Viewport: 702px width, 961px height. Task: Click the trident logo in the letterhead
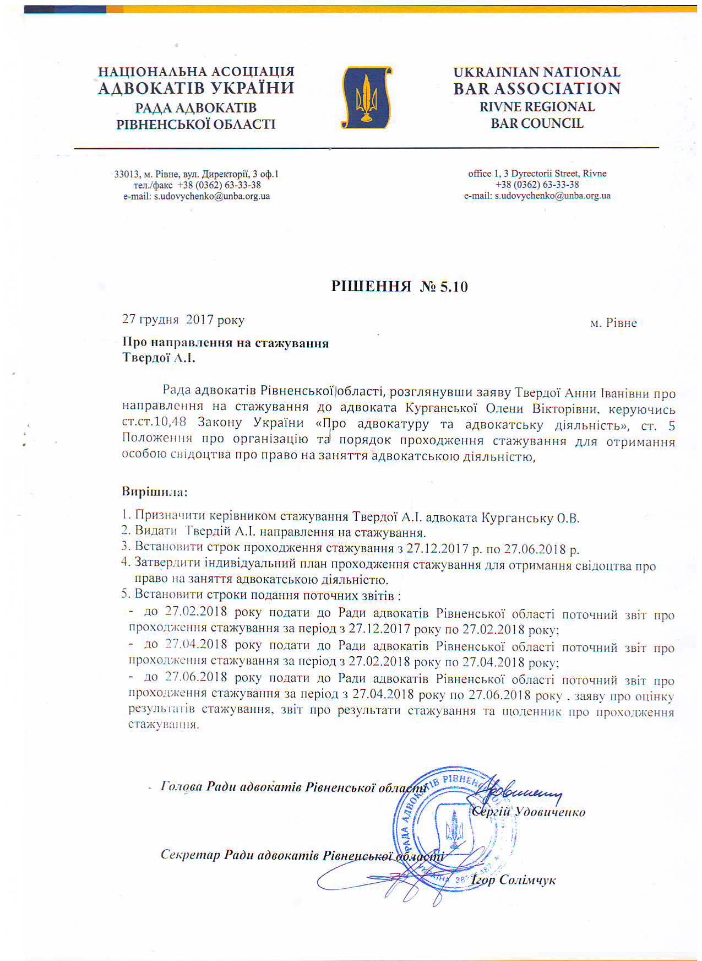[366, 98]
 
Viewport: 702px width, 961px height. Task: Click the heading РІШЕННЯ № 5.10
[399, 287]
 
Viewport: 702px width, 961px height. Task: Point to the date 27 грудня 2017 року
[183, 320]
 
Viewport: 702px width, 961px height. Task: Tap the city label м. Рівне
[613, 323]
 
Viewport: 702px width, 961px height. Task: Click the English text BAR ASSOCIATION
[537, 89]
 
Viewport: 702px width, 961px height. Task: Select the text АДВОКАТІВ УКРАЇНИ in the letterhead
[196, 88]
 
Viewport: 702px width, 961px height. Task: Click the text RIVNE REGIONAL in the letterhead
[537, 107]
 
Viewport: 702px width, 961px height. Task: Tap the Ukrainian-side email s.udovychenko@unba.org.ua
[211, 196]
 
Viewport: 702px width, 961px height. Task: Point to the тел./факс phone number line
[197, 185]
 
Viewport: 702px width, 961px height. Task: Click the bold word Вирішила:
[155, 491]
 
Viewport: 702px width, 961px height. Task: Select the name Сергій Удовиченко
[529, 812]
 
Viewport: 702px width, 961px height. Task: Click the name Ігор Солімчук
[513, 880]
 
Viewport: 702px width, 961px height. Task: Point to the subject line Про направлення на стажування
[226, 343]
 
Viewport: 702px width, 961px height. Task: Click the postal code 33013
[126, 174]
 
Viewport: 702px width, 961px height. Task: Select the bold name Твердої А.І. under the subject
[159, 358]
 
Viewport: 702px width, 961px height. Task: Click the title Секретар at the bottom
[190, 855]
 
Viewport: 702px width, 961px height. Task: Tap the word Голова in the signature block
[181, 786]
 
